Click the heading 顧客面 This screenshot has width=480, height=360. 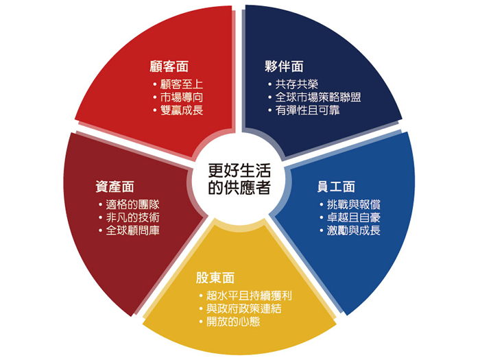point(169,67)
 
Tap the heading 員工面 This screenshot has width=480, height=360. point(336,187)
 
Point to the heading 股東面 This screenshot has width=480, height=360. point(215,278)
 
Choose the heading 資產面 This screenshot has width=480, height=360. point(115,187)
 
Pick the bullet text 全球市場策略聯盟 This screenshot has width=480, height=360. point(318,97)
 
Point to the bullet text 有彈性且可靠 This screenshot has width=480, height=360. point(308,110)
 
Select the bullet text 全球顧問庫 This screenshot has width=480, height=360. point(133,230)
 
